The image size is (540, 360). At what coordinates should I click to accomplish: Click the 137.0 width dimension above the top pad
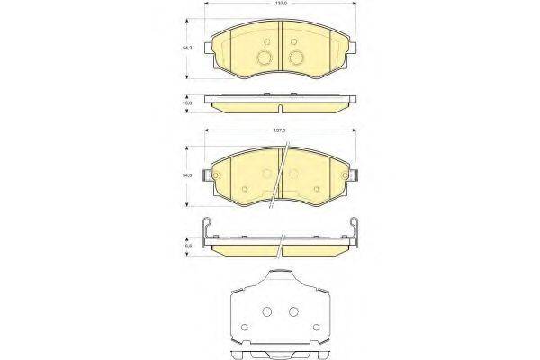(281, 4)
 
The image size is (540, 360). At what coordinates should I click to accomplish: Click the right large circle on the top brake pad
(296, 58)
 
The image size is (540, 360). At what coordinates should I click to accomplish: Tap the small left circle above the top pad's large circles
(267, 44)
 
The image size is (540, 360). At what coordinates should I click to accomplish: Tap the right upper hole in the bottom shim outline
(293, 312)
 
